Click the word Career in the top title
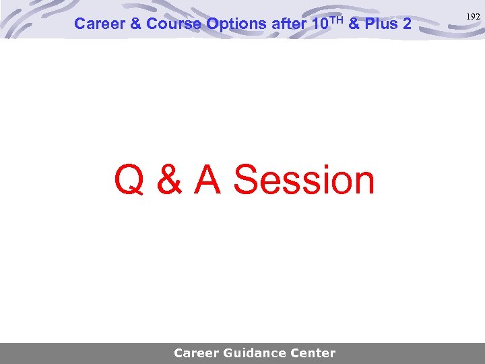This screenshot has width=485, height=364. (x=98, y=24)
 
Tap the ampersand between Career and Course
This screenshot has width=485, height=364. (x=135, y=24)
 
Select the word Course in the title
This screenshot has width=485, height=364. (x=173, y=24)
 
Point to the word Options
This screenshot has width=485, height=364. (x=236, y=24)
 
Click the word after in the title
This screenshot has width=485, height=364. (x=288, y=24)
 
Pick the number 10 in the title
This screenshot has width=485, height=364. (x=320, y=24)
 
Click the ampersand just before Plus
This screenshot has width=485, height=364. (x=355, y=24)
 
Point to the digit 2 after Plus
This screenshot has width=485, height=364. (x=407, y=24)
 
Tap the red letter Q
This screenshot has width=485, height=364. (x=129, y=181)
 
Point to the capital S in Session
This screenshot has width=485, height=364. (x=248, y=181)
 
